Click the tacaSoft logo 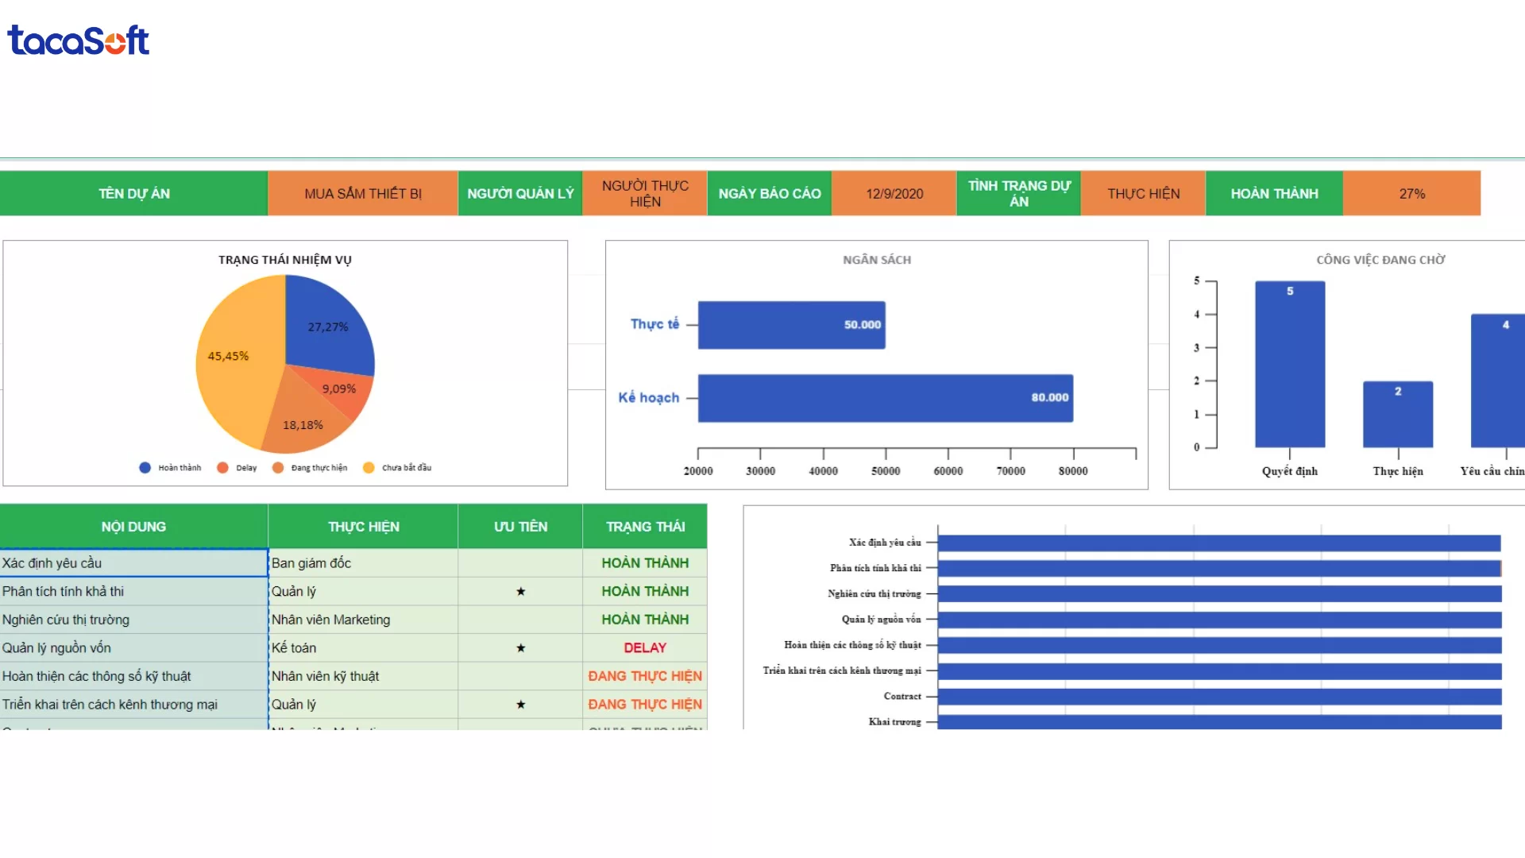[x=78, y=41]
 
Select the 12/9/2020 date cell [x=894, y=194]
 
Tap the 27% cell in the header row [x=1411, y=194]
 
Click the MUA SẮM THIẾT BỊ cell [x=363, y=194]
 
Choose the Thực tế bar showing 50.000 [x=791, y=325]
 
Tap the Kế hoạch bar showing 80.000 [x=885, y=398]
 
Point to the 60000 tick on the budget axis [x=948, y=470]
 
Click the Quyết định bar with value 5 [x=1290, y=365]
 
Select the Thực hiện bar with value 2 [x=1398, y=415]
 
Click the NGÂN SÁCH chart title [x=877, y=260]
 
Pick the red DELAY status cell [x=645, y=648]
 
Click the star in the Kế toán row [x=520, y=648]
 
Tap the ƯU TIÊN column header [x=520, y=527]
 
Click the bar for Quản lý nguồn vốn [x=1219, y=620]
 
